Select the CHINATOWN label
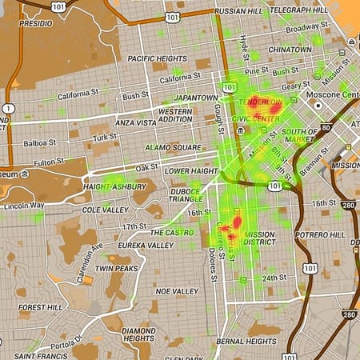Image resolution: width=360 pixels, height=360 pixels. (x=289, y=50)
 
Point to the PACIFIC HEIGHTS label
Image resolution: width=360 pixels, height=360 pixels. (x=156, y=58)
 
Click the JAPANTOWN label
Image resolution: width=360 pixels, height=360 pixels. (x=197, y=98)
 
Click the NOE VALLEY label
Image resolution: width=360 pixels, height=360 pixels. (x=177, y=291)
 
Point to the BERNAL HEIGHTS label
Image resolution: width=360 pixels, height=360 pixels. (x=246, y=342)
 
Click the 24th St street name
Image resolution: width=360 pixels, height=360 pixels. (x=274, y=278)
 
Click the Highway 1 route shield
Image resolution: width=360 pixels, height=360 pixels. (x=8, y=108)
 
